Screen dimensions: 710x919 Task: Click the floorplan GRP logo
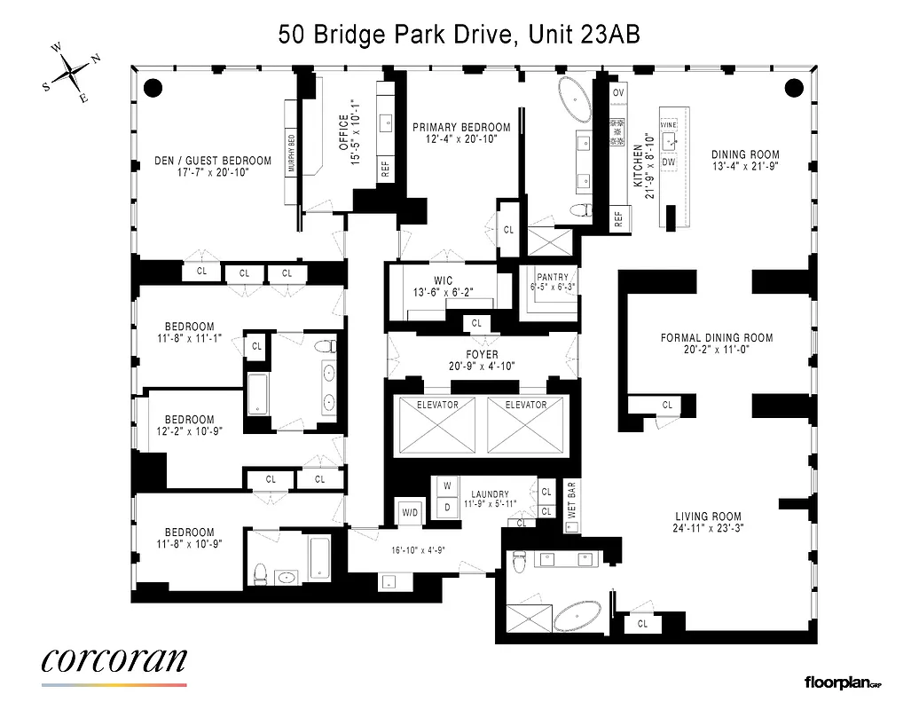pos(842,682)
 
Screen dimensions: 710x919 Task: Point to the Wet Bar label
pos(571,500)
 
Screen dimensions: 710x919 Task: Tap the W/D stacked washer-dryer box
pos(410,512)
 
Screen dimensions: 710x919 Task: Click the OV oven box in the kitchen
pos(618,93)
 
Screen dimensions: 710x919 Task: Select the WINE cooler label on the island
pos(669,125)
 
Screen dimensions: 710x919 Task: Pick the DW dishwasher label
pos(669,162)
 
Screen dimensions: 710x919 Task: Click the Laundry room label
pos(490,494)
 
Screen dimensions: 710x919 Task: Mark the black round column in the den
pos(153,88)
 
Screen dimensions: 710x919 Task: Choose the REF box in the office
pos(386,170)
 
